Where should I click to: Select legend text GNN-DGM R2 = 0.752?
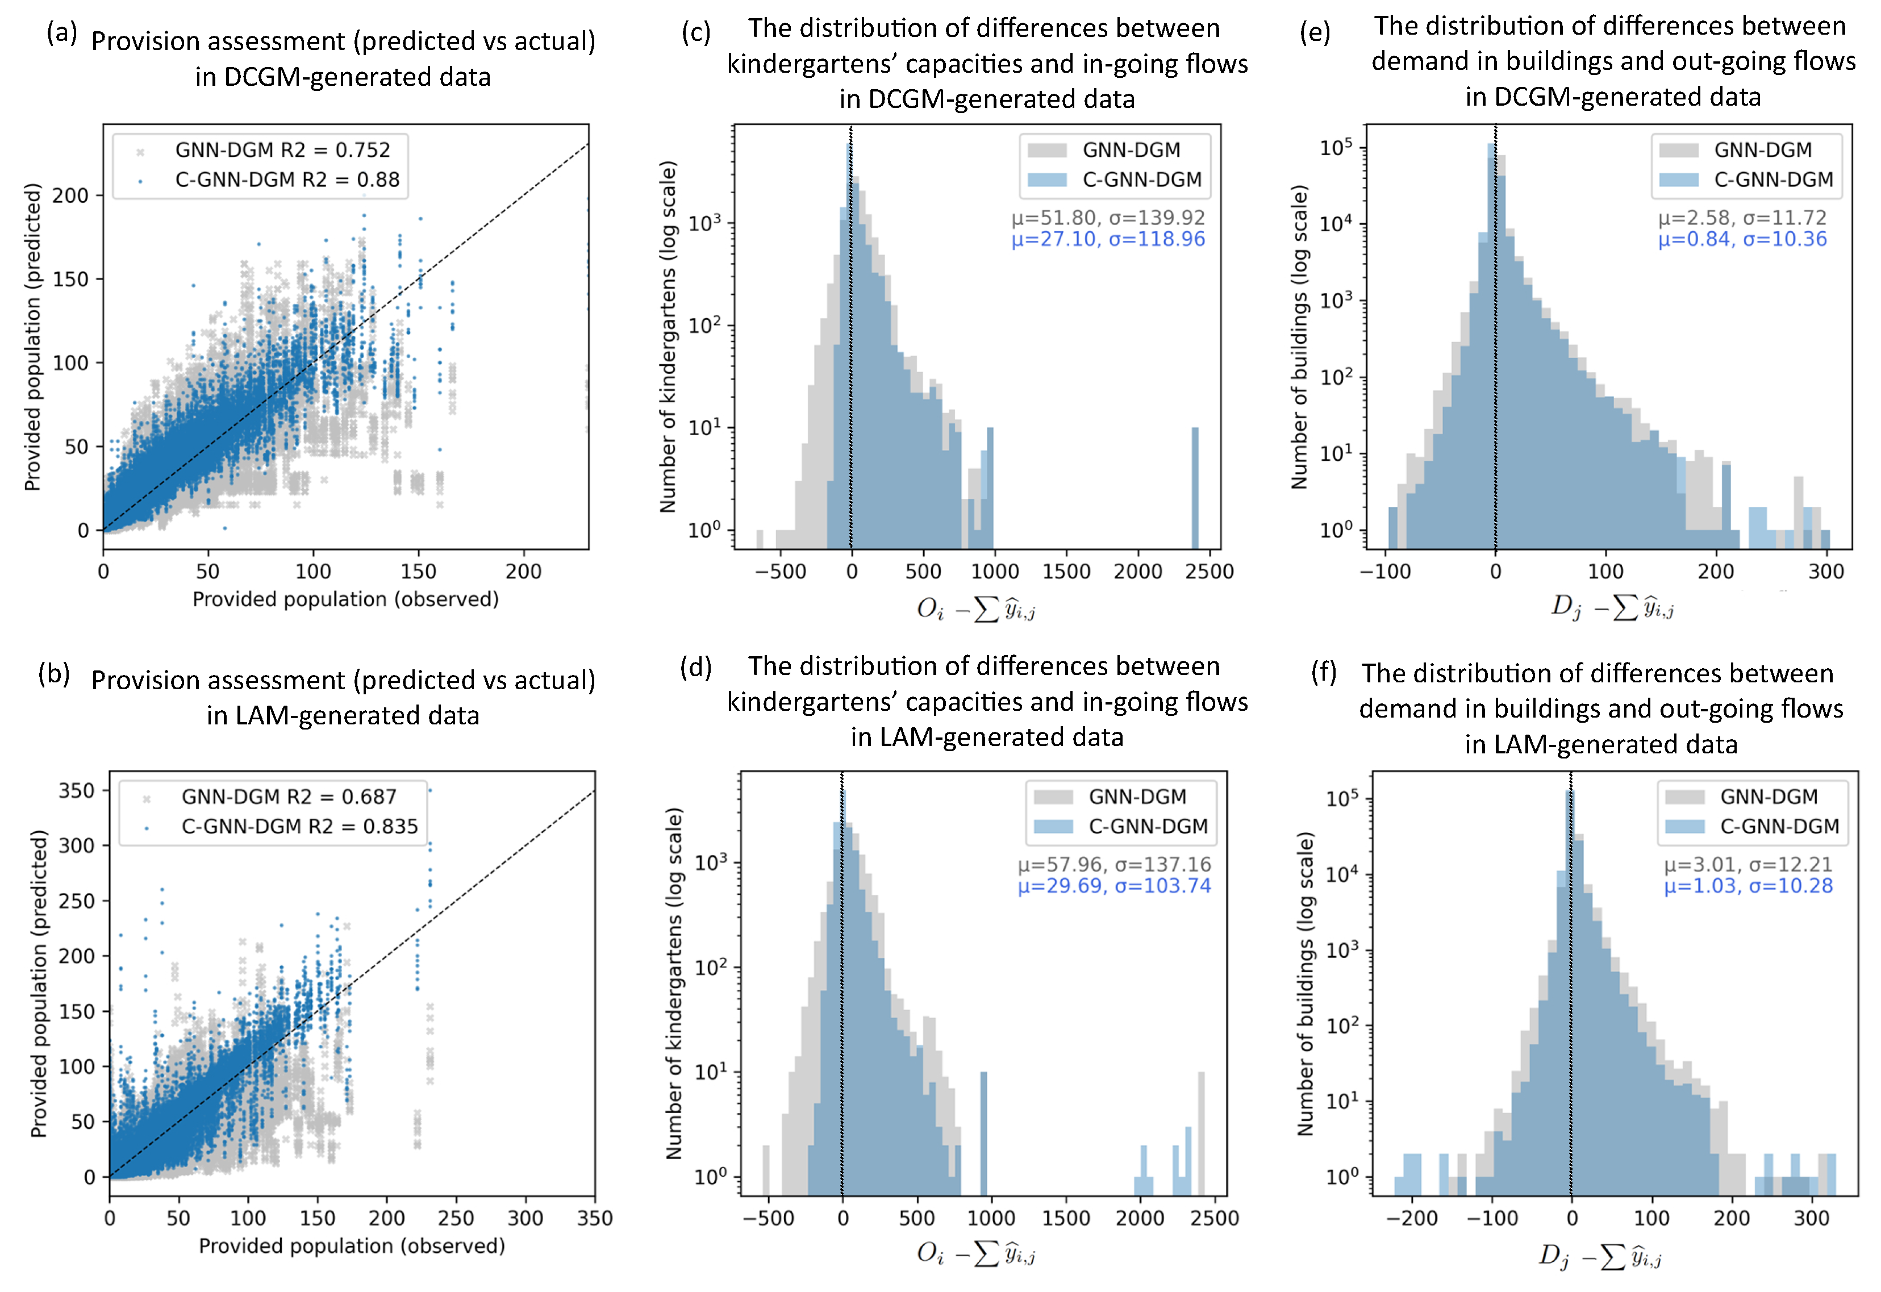click(282, 150)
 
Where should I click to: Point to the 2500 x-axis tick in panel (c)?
click(1209, 572)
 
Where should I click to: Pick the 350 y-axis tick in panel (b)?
click(77, 790)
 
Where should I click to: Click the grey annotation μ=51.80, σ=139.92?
click(1108, 218)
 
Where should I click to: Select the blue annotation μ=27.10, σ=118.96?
click(1108, 239)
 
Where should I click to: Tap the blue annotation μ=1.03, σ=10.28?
click(1748, 886)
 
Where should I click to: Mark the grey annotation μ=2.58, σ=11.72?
click(1742, 218)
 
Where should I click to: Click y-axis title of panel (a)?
click(32, 337)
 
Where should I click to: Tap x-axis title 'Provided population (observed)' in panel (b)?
click(352, 1246)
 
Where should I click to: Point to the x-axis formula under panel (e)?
click(1612, 607)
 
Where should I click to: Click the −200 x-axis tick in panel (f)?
click(1412, 1218)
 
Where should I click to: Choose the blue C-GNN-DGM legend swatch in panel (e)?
click(1679, 180)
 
